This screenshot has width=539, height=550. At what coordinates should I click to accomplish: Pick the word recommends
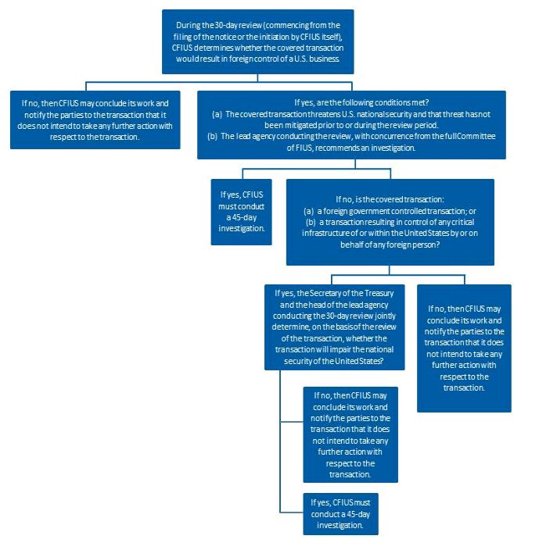337,148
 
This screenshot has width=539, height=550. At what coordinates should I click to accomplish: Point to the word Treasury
379,293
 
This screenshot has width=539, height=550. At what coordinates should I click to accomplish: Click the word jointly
385,316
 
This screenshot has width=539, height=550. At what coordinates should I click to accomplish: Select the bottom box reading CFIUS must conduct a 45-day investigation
340,513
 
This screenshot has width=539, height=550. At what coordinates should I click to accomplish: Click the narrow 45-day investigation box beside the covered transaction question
241,212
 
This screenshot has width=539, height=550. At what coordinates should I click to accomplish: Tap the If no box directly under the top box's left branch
95,120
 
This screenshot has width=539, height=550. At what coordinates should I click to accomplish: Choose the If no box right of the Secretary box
464,348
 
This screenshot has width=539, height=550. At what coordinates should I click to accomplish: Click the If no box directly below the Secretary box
350,434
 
